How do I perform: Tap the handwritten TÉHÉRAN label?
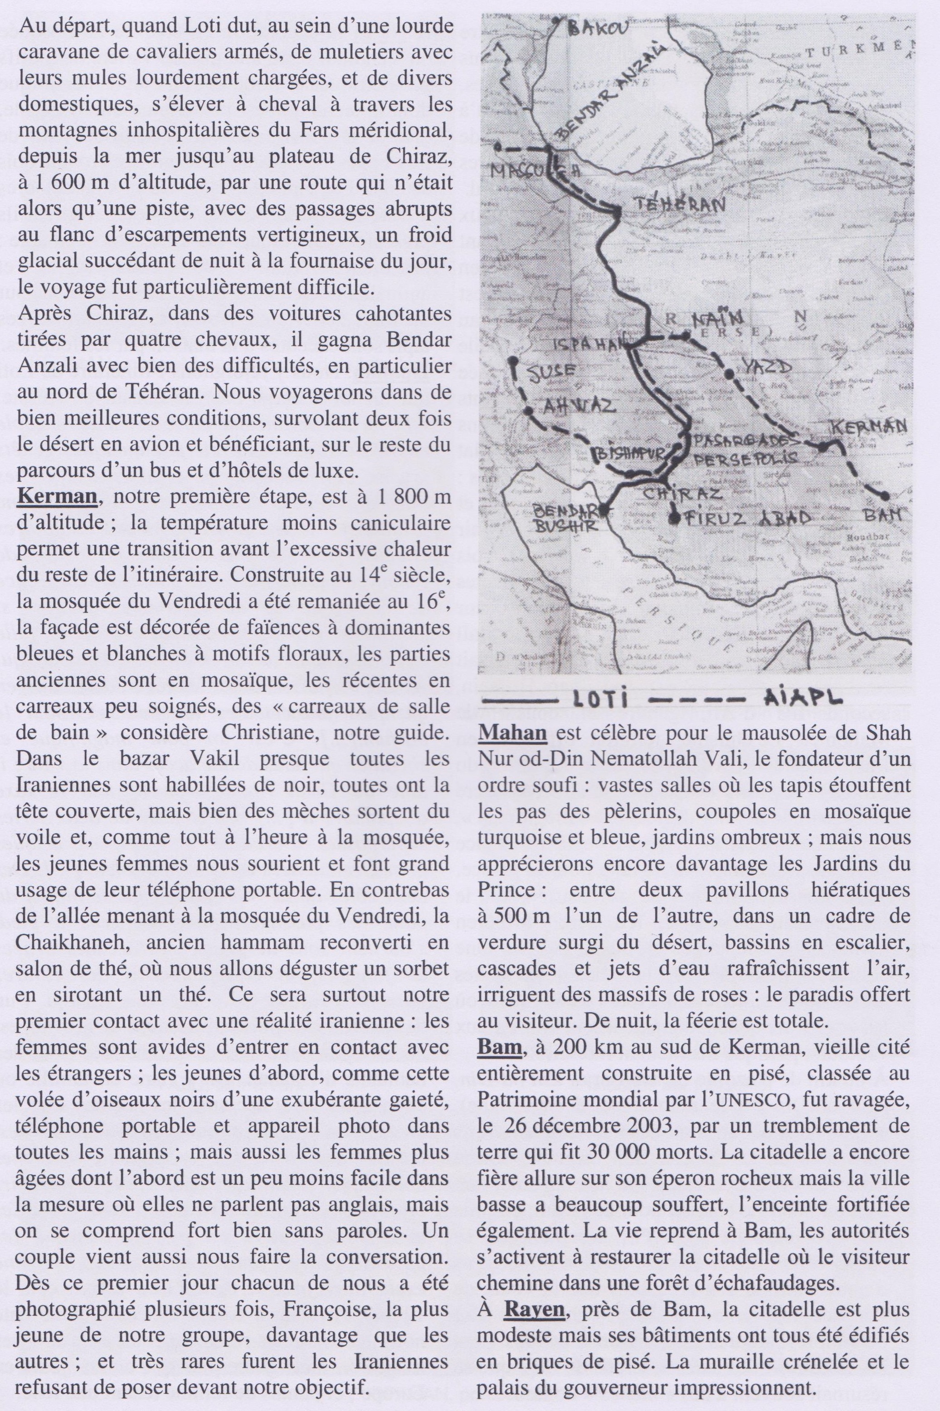pyautogui.click(x=679, y=204)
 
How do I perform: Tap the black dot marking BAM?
pyautogui.click(x=884, y=495)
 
